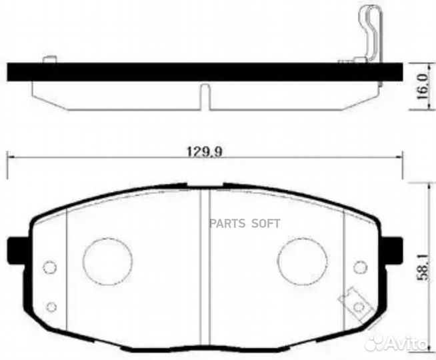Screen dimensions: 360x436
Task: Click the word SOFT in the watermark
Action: (x=265, y=223)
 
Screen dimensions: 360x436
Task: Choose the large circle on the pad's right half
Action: (x=302, y=261)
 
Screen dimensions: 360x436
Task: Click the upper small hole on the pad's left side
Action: (x=49, y=267)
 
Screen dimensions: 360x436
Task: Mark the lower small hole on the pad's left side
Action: (x=51, y=307)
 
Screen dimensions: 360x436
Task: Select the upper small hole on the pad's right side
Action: (x=361, y=267)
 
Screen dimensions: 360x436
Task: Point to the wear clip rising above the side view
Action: (x=369, y=30)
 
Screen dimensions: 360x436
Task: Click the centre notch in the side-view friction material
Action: (x=205, y=96)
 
